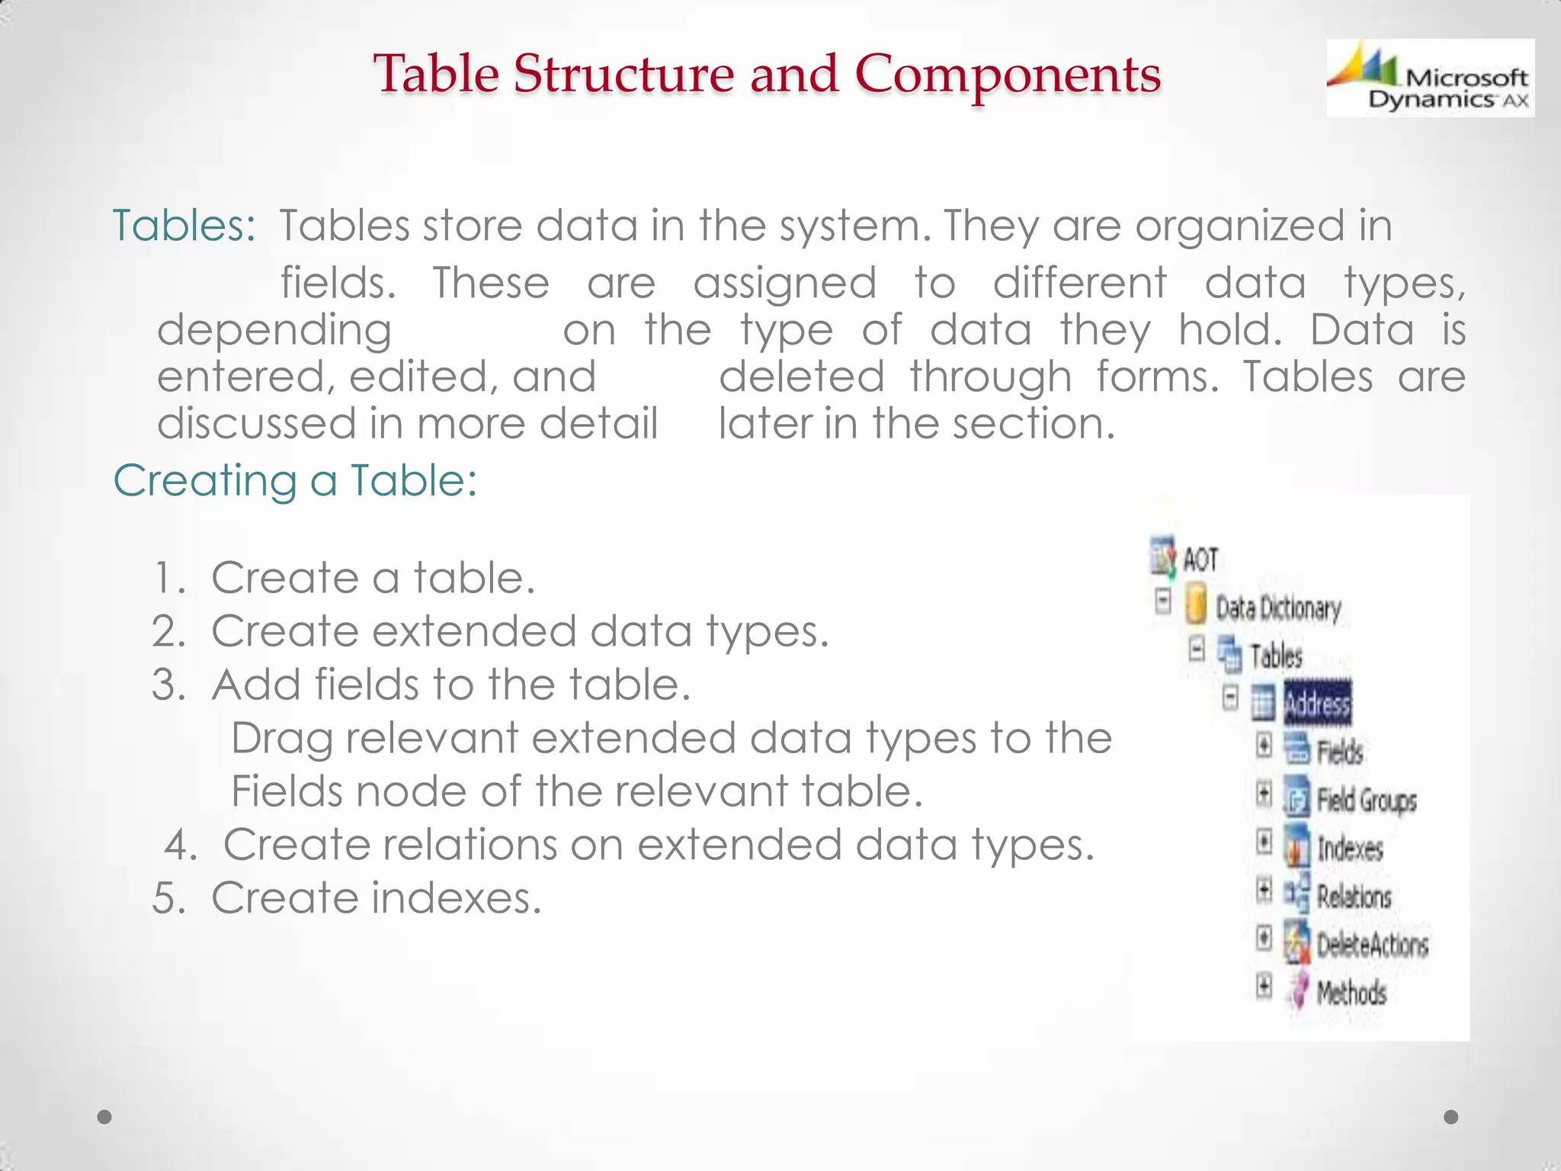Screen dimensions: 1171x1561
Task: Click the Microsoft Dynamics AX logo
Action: (x=1430, y=78)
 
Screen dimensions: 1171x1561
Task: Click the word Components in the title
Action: (x=1007, y=75)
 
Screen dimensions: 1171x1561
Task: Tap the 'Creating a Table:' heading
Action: (x=295, y=481)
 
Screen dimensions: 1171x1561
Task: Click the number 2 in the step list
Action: (x=168, y=632)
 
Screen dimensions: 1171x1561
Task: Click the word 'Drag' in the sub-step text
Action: (x=281, y=739)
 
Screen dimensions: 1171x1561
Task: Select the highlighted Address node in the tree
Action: (x=1317, y=703)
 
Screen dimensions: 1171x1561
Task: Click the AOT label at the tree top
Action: (x=1200, y=560)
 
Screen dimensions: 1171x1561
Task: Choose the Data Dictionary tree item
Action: (x=1277, y=608)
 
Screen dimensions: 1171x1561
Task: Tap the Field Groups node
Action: (x=1366, y=800)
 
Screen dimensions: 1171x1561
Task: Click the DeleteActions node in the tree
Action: (x=1372, y=945)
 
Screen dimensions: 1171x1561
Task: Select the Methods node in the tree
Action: (x=1351, y=993)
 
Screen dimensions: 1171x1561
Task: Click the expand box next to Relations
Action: (x=1265, y=890)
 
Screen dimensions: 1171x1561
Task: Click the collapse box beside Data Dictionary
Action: (x=1163, y=601)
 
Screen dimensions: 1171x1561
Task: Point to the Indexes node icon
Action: (x=1296, y=849)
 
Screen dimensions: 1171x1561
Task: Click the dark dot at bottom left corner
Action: (x=105, y=1117)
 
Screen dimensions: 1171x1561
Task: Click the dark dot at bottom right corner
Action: (x=1451, y=1117)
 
